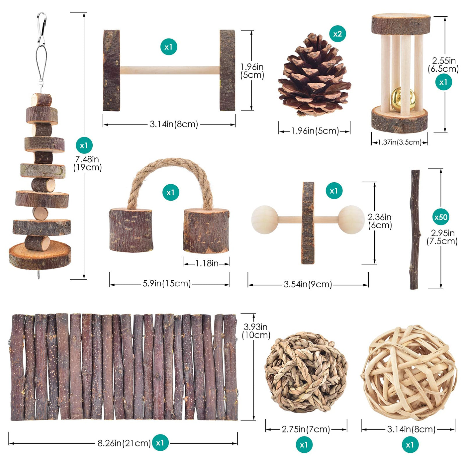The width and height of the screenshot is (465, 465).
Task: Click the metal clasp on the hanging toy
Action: click(42, 29)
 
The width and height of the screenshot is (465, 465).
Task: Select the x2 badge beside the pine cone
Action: click(337, 34)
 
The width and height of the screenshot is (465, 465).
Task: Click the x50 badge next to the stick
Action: click(441, 217)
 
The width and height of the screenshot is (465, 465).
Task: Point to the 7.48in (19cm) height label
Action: click(87, 163)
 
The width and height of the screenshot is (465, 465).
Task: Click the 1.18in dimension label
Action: click(207, 263)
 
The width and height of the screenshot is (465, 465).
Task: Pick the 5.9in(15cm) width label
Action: click(167, 283)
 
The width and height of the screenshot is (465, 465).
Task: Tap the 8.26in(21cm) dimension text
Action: click(124, 443)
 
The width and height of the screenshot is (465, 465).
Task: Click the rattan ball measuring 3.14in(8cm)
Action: click(409, 372)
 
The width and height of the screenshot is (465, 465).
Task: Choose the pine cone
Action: click(315, 75)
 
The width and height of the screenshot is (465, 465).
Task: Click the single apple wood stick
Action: click(415, 230)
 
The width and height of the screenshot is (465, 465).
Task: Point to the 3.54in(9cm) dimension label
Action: click(308, 284)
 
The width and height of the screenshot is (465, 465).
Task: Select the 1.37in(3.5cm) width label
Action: click(399, 142)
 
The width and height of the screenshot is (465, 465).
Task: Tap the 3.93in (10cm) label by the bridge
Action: click(256, 331)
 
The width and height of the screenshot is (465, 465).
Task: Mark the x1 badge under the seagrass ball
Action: click(304, 444)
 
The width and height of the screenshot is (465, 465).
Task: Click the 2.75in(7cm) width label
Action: click(306, 429)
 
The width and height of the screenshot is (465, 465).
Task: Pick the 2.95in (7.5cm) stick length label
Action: click(442, 237)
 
